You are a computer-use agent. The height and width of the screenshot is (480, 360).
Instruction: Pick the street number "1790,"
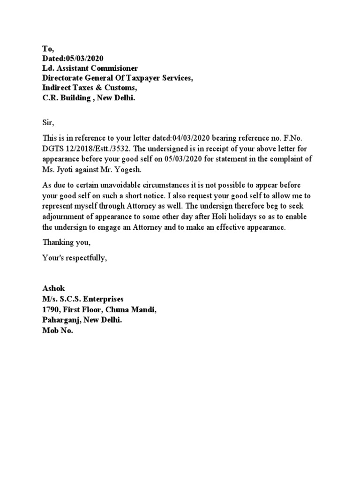pyautogui.click(x=52, y=309)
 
